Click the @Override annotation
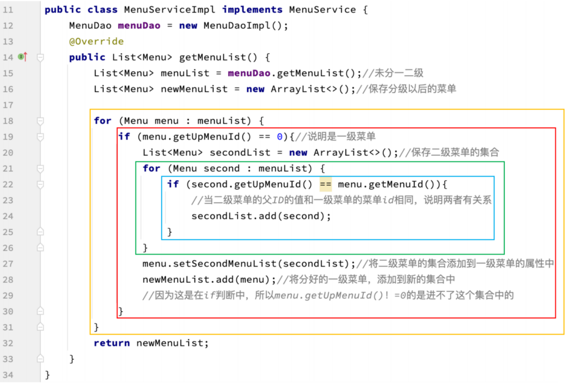[96, 41]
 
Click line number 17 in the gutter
[8, 105]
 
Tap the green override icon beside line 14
[21, 57]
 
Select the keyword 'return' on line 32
[112, 343]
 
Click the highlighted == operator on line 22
[325, 184]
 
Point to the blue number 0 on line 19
[279, 137]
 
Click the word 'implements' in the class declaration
[252, 10]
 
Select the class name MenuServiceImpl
[169, 10]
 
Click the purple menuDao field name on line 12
[139, 26]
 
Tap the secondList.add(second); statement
[261, 216]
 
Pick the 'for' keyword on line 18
[102, 121]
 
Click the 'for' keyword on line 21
[151, 168]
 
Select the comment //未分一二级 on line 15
[393, 73]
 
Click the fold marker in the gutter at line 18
[40, 121]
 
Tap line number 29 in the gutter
[8, 295]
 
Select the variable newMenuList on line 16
[194, 89]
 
